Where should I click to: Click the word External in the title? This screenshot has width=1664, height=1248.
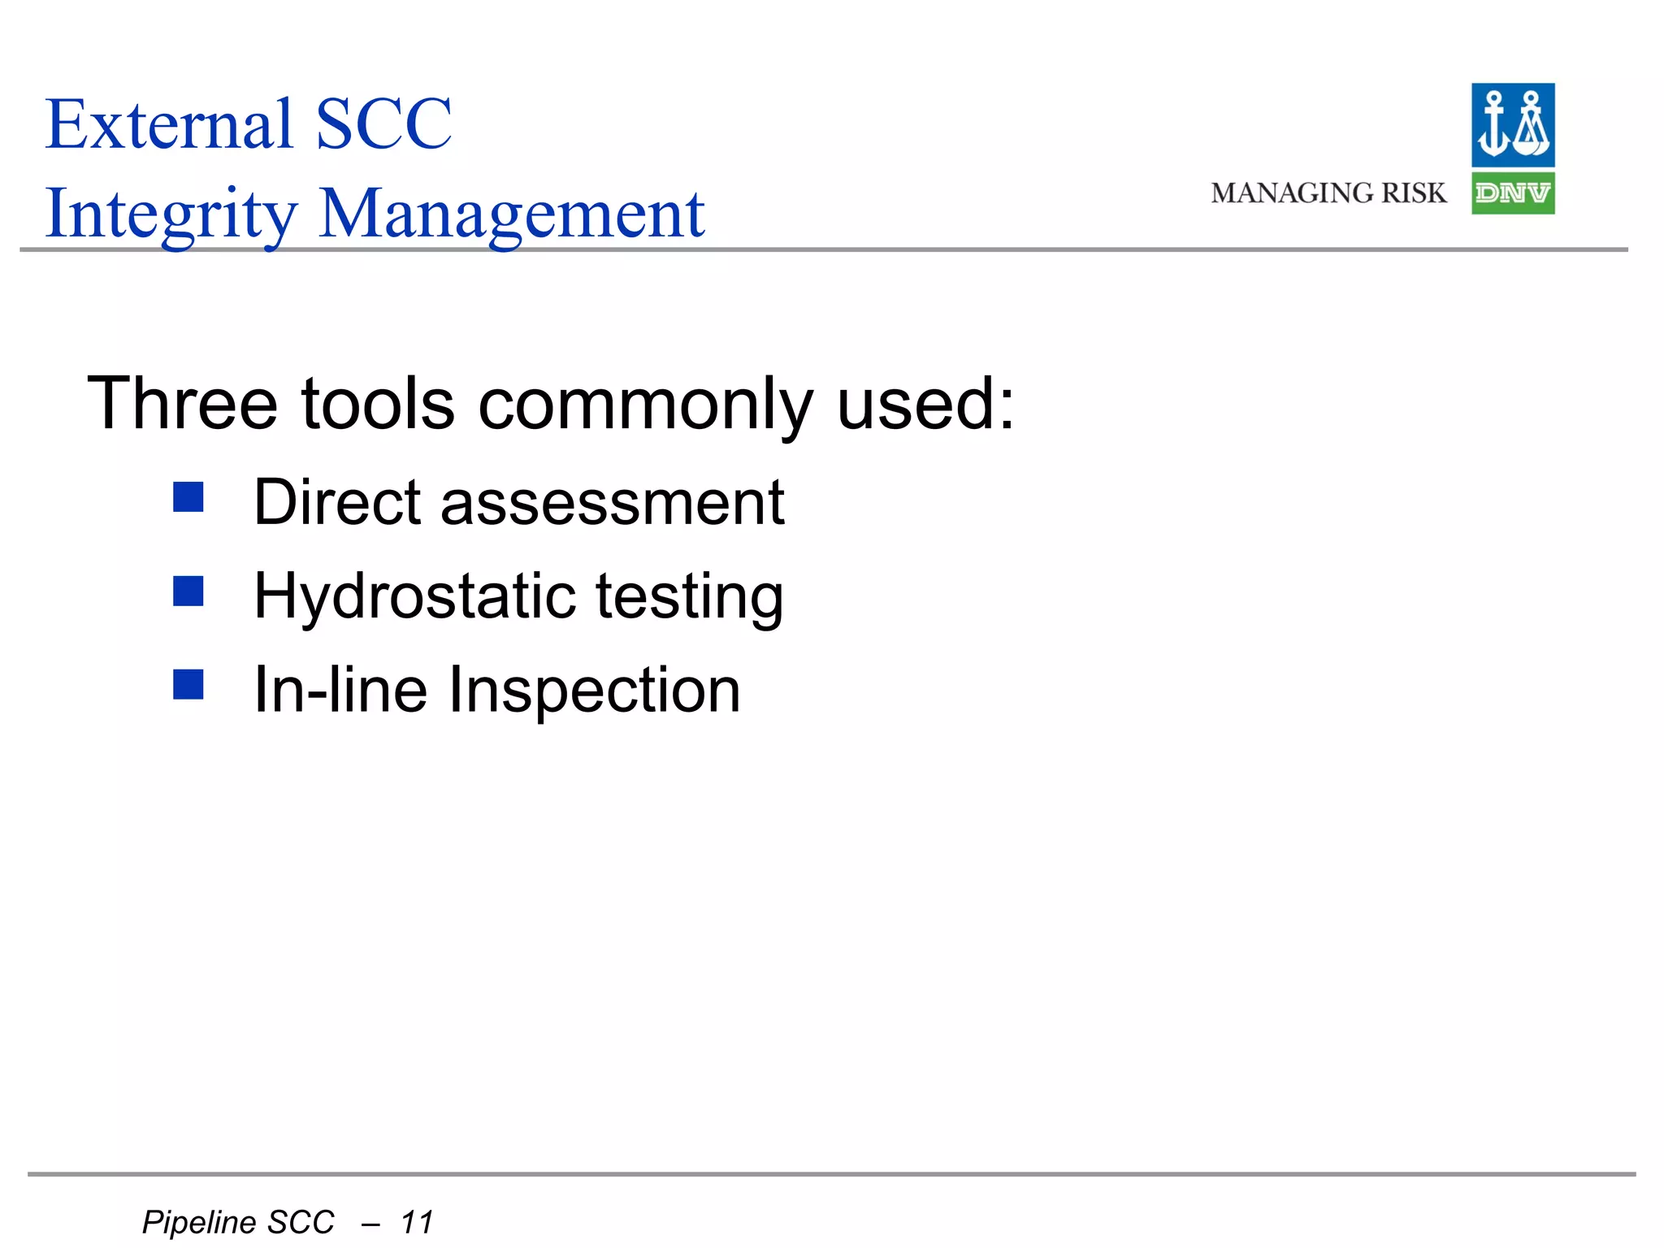pyautogui.click(x=169, y=124)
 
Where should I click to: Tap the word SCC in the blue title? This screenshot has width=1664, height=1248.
pyautogui.click(x=383, y=124)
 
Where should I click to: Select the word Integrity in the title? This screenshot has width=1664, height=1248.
pyautogui.click(x=171, y=214)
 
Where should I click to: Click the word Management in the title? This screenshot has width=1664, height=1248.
pyautogui.click(x=512, y=214)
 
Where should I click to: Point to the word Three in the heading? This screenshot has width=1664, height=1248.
pyautogui.click(x=182, y=404)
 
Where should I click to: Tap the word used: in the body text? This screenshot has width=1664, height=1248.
pyautogui.click(x=925, y=404)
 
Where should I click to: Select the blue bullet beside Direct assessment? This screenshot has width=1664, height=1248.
pyautogui.click(x=188, y=497)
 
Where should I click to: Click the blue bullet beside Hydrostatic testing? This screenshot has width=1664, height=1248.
pyautogui.click(x=188, y=591)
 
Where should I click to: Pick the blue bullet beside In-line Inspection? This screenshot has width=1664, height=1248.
pyautogui.click(x=188, y=685)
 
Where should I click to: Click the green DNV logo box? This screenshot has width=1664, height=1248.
pyautogui.click(x=1513, y=193)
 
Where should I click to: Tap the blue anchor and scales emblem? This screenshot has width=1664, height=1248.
pyautogui.click(x=1513, y=125)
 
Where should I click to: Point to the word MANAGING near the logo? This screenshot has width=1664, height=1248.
pyautogui.click(x=1292, y=193)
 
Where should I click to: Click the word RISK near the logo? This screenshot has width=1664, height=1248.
pyautogui.click(x=1415, y=193)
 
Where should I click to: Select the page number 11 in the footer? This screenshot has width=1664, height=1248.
pyautogui.click(x=417, y=1222)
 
